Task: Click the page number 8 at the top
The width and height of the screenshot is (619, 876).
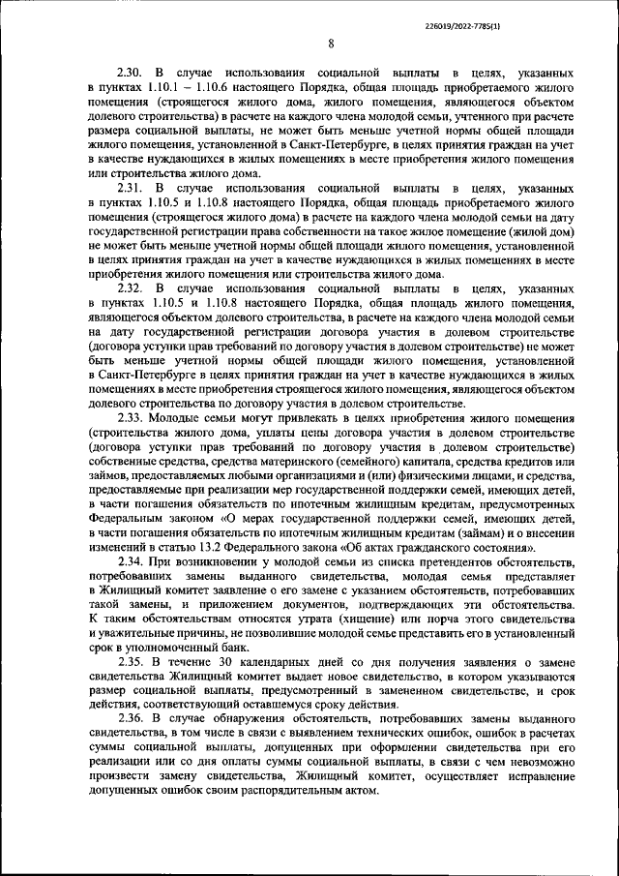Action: coord(331,44)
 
